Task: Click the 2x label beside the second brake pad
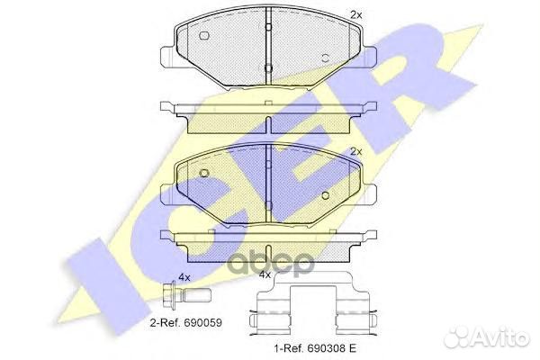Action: (x=356, y=151)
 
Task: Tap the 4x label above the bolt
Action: (x=184, y=277)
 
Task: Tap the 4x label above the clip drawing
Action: (x=265, y=274)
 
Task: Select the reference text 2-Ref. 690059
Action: (x=186, y=323)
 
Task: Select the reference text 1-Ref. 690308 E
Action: (x=315, y=348)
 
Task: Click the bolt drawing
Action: (x=186, y=295)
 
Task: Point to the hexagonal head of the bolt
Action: (x=169, y=295)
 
